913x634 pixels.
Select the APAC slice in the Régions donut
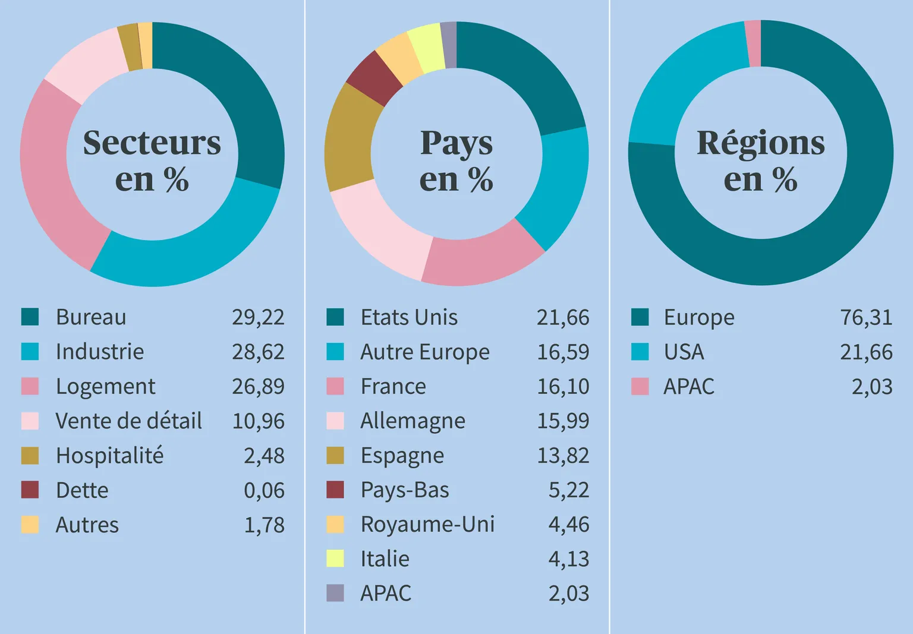tap(753, 43)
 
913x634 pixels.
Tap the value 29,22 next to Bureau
tap(258, 317)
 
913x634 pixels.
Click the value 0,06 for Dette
tap(264, 490)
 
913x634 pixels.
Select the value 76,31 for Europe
tap(866, 317)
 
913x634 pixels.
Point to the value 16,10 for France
tap(563, 386)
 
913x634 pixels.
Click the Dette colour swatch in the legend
tap(30, 490)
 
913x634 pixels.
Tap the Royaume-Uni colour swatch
tap(335, 525)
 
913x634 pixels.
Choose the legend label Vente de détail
tap(129, 421)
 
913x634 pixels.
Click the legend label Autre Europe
tap(425, 352)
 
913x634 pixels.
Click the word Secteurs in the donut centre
tap(152, 143)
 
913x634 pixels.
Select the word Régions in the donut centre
tap(761, 144)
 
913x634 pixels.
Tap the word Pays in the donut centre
tap(456, 144)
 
